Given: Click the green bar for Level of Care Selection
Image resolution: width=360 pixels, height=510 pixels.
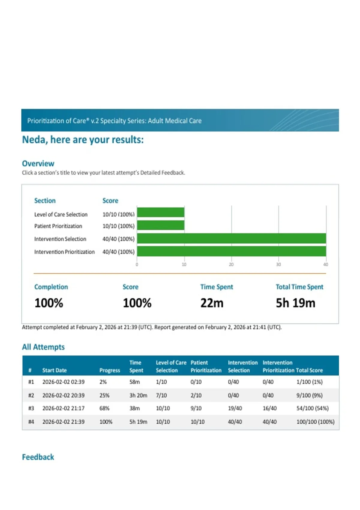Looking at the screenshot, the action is click(x=161, y=212).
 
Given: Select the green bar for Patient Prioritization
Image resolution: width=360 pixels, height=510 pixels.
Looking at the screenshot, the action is click(x=161, y=225).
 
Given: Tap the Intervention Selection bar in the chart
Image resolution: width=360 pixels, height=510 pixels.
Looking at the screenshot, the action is click(x=232, y=238).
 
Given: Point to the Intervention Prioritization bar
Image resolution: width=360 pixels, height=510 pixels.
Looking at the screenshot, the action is click(x=232, y=251).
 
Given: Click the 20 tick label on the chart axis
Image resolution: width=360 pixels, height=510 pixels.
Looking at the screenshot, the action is click(x=231, y=264).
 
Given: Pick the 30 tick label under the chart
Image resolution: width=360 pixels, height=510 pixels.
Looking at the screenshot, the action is click(x=278, y=264).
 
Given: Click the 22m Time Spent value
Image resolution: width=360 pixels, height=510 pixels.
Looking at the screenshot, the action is click(x=212, y=303).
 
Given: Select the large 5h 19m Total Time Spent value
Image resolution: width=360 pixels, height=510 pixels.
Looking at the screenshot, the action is click(x=295, y=303).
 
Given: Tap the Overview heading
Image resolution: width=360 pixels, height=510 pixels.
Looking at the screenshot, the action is click(x=38, y=163).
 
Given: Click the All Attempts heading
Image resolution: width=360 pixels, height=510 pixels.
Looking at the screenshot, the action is click(x=43, y=347).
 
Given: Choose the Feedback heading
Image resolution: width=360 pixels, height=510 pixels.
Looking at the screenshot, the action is click(x=38, y=457).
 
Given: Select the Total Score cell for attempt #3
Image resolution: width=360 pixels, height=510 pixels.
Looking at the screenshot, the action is click(x=312, y=408).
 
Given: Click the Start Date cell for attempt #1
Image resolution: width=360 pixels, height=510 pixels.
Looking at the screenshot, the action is click(x=63, y=382).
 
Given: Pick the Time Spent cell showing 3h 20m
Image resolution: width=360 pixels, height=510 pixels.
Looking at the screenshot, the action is click(x=138, y=395).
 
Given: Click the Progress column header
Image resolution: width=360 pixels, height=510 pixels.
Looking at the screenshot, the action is click(x=109, y=370).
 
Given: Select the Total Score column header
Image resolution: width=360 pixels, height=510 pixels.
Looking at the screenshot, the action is click(x=309, y=370).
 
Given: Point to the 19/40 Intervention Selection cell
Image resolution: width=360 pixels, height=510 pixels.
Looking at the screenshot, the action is click(x=235, y=408).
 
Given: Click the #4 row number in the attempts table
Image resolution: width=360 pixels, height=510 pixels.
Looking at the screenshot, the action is click(x=31, y=422).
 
